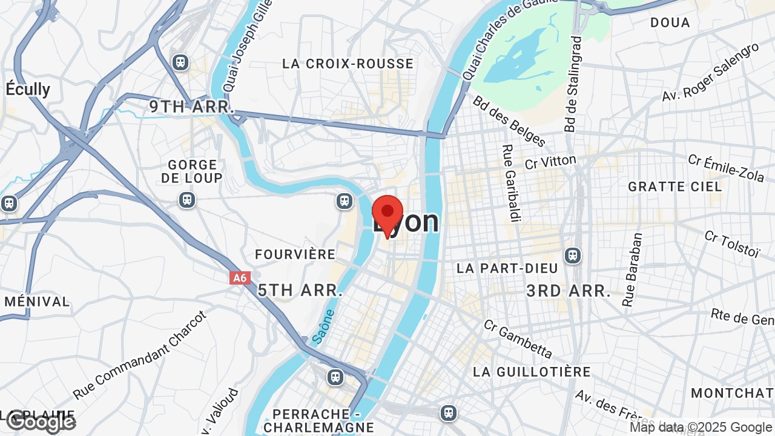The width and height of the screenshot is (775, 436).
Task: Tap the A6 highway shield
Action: click(240, 278)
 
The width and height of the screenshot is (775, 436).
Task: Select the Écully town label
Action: click(28, 89)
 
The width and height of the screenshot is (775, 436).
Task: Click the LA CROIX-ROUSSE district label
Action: click(348, 64)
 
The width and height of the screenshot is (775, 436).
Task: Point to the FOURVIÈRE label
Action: click(295, 254)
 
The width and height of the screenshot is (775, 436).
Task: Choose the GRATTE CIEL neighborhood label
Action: click(675, 187)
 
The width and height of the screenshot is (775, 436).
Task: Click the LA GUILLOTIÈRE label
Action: click(532, 371)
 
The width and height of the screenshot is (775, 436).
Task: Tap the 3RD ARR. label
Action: click(569, 291)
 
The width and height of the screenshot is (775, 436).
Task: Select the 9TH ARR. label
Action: click(192, 107)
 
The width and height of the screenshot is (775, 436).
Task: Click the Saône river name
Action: click(324, 327)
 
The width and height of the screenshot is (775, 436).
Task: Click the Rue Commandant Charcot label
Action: click(140, 355)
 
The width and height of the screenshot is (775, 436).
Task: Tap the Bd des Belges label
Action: click(509, 121)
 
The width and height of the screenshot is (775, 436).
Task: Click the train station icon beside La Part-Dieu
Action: click(572, 256)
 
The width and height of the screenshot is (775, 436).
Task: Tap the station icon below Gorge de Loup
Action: click(187, 200)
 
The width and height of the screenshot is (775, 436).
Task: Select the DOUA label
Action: click(670, 22)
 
